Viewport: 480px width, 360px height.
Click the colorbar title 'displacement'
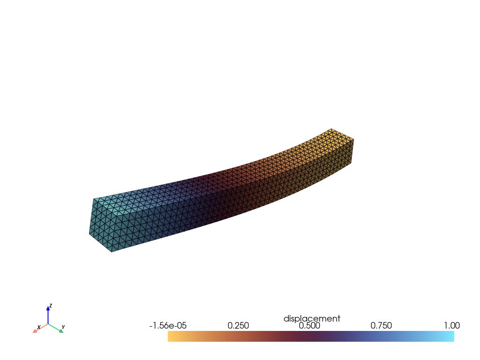point(312,319)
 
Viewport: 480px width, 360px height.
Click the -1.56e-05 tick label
point(168,326)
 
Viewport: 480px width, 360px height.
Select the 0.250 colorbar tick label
point(238,326)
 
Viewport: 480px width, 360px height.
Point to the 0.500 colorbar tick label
point(310,326)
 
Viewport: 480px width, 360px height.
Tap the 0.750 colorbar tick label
point(382,326)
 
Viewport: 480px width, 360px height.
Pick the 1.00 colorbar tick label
point(451,326)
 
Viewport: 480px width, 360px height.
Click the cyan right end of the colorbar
point(451,336)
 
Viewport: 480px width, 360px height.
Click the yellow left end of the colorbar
point(171,336)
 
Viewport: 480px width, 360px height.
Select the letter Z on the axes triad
point(51,306)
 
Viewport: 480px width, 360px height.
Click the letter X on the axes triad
point(38,327)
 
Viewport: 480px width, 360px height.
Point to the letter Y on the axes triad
point(63,327)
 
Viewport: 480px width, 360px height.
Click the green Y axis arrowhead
point(60,331)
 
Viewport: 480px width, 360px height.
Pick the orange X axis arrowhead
point(35,331)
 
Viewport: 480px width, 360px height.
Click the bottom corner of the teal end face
point(111,252)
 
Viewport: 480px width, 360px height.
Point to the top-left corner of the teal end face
point(93,199)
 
